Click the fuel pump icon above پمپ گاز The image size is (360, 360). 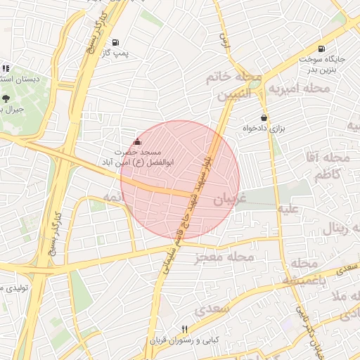115,41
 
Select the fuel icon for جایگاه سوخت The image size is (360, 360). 321,49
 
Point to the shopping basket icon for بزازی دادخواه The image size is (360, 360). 264,117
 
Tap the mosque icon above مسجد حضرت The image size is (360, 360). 136,141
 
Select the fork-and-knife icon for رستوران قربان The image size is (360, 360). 184,329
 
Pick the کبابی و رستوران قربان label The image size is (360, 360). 184,340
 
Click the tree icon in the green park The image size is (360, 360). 6,99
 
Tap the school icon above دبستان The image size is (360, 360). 5,68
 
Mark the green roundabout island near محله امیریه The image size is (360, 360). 254,84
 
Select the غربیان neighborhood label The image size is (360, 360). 231,200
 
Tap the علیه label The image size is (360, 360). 291,208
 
